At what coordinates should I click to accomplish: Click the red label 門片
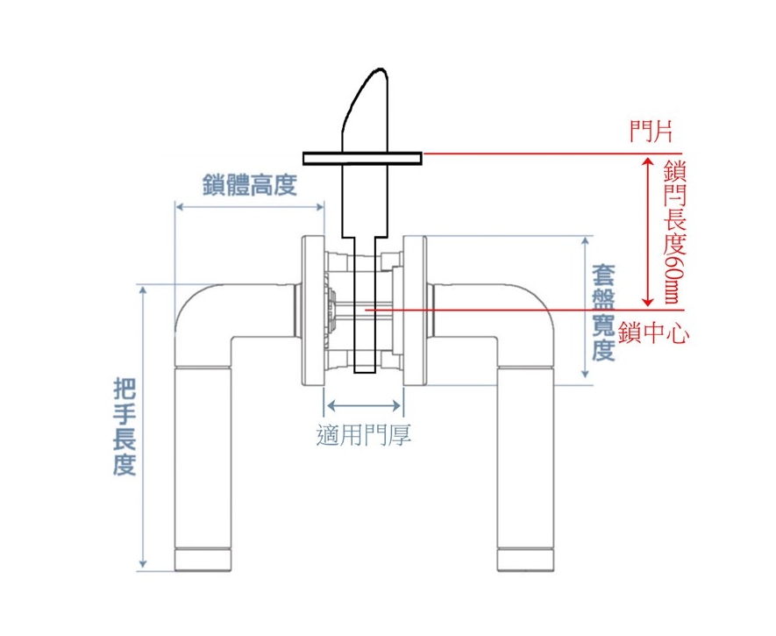point(651,132)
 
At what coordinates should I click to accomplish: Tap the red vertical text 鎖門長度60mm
point(674,231)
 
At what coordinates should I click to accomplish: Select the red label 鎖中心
point(652,332)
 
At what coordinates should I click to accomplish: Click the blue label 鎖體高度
point(250,184)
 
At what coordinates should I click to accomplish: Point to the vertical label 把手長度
point(125,426)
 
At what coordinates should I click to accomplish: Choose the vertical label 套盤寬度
point(604,312)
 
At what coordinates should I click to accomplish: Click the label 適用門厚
point(364,435)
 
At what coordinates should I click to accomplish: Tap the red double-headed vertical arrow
point(647,232)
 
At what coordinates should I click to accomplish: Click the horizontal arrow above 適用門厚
point(364,406)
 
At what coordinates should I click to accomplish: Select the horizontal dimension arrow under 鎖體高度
point(250,206)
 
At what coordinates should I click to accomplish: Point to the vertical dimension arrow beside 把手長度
point(143,427)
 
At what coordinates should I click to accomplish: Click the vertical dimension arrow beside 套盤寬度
point(586,307)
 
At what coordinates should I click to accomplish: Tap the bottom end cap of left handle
point(203,560)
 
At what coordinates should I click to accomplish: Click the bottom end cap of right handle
point(525,560)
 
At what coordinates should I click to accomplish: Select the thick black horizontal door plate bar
point(363,159)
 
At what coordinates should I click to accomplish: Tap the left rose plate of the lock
point(313,311)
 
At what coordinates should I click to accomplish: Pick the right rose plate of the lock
point(415,311)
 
